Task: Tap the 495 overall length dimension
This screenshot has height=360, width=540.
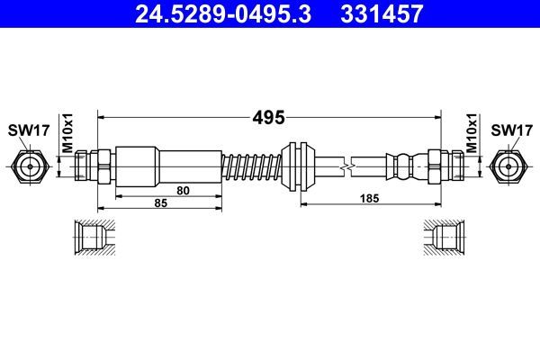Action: tap(269, 117)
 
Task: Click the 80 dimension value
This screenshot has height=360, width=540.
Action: tap(183, 190)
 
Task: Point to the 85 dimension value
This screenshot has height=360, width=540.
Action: tap(160, 204)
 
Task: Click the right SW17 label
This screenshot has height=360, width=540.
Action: tap(510, 130)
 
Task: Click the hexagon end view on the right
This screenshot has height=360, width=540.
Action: tap(510, 166)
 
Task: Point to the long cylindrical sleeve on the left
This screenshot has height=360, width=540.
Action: tap(168, 166)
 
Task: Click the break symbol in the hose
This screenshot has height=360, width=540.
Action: tap(346, 166)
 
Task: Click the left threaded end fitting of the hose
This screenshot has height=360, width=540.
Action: tap(91, 166)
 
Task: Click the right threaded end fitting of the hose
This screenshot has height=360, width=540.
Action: tap(446, 166)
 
